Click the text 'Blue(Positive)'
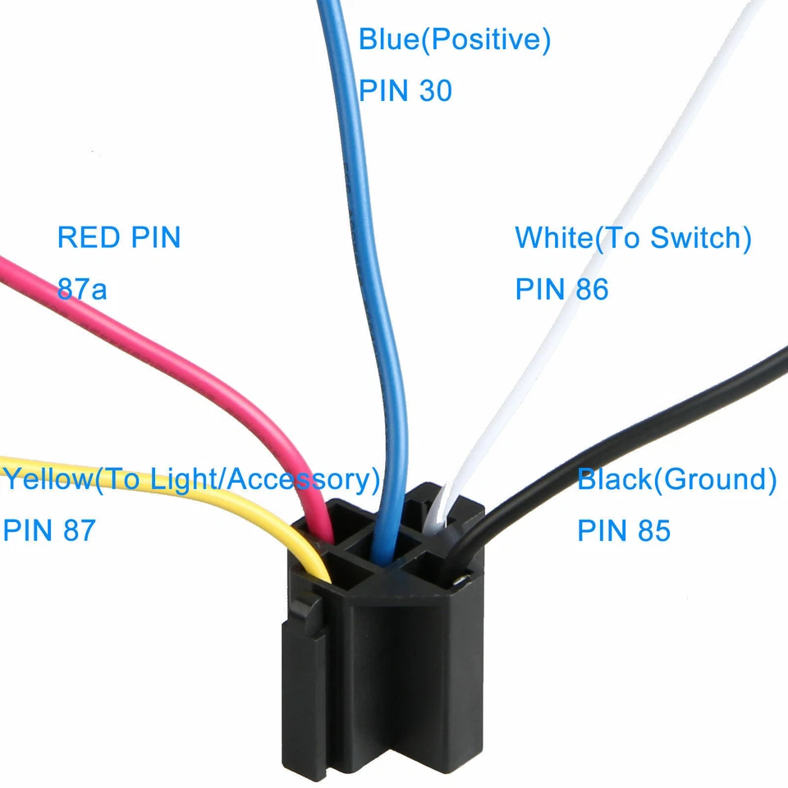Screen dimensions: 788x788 [x=454, y=39]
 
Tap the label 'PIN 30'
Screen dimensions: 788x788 [x=405, y=90]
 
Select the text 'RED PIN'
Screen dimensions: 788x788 [x=118, y=238]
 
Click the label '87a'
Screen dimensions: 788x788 [x=81, y=289]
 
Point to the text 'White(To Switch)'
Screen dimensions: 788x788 [x=633, y=238]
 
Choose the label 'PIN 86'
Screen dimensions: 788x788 [x=561, y=289]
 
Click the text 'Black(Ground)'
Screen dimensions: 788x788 [x=676, y=479]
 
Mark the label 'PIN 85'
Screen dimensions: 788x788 [x=623, y=530]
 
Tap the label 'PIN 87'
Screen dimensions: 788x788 [x=49, y=530]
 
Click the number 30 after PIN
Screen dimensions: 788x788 [x=435, y=90]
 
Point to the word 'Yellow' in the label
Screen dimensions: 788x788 [x=45, y=479]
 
